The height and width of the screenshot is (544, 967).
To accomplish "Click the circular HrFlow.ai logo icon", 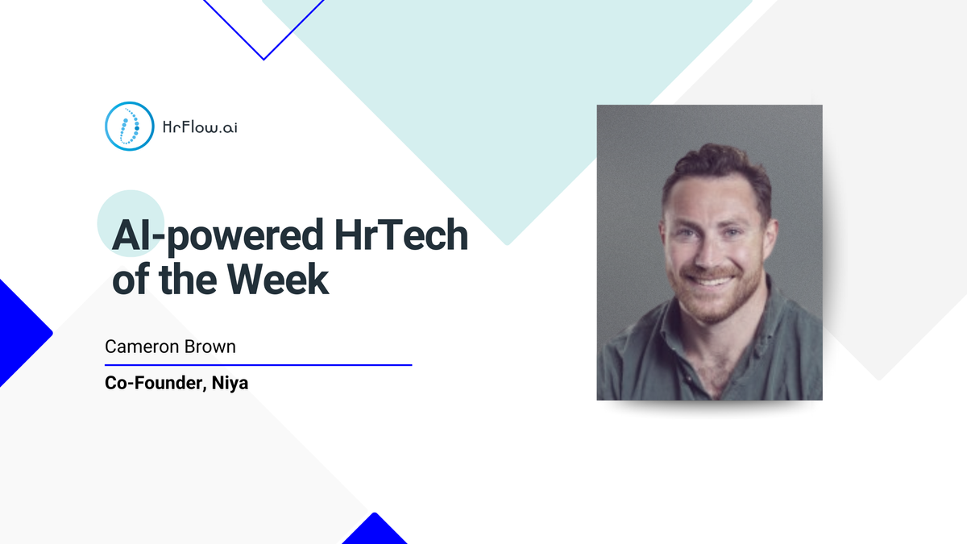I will pyautogui.click(x=129, y=126).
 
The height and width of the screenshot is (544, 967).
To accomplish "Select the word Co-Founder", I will pyautogui.click(x=153, y=384).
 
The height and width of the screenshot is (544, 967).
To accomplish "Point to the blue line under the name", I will pyautogui.click(x=258, y=365).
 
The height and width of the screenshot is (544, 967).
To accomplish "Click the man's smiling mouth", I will pyautogui.click(x=710, y=280).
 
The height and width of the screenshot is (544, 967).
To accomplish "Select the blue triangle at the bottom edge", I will pyautogui.click(x=374, y=531).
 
